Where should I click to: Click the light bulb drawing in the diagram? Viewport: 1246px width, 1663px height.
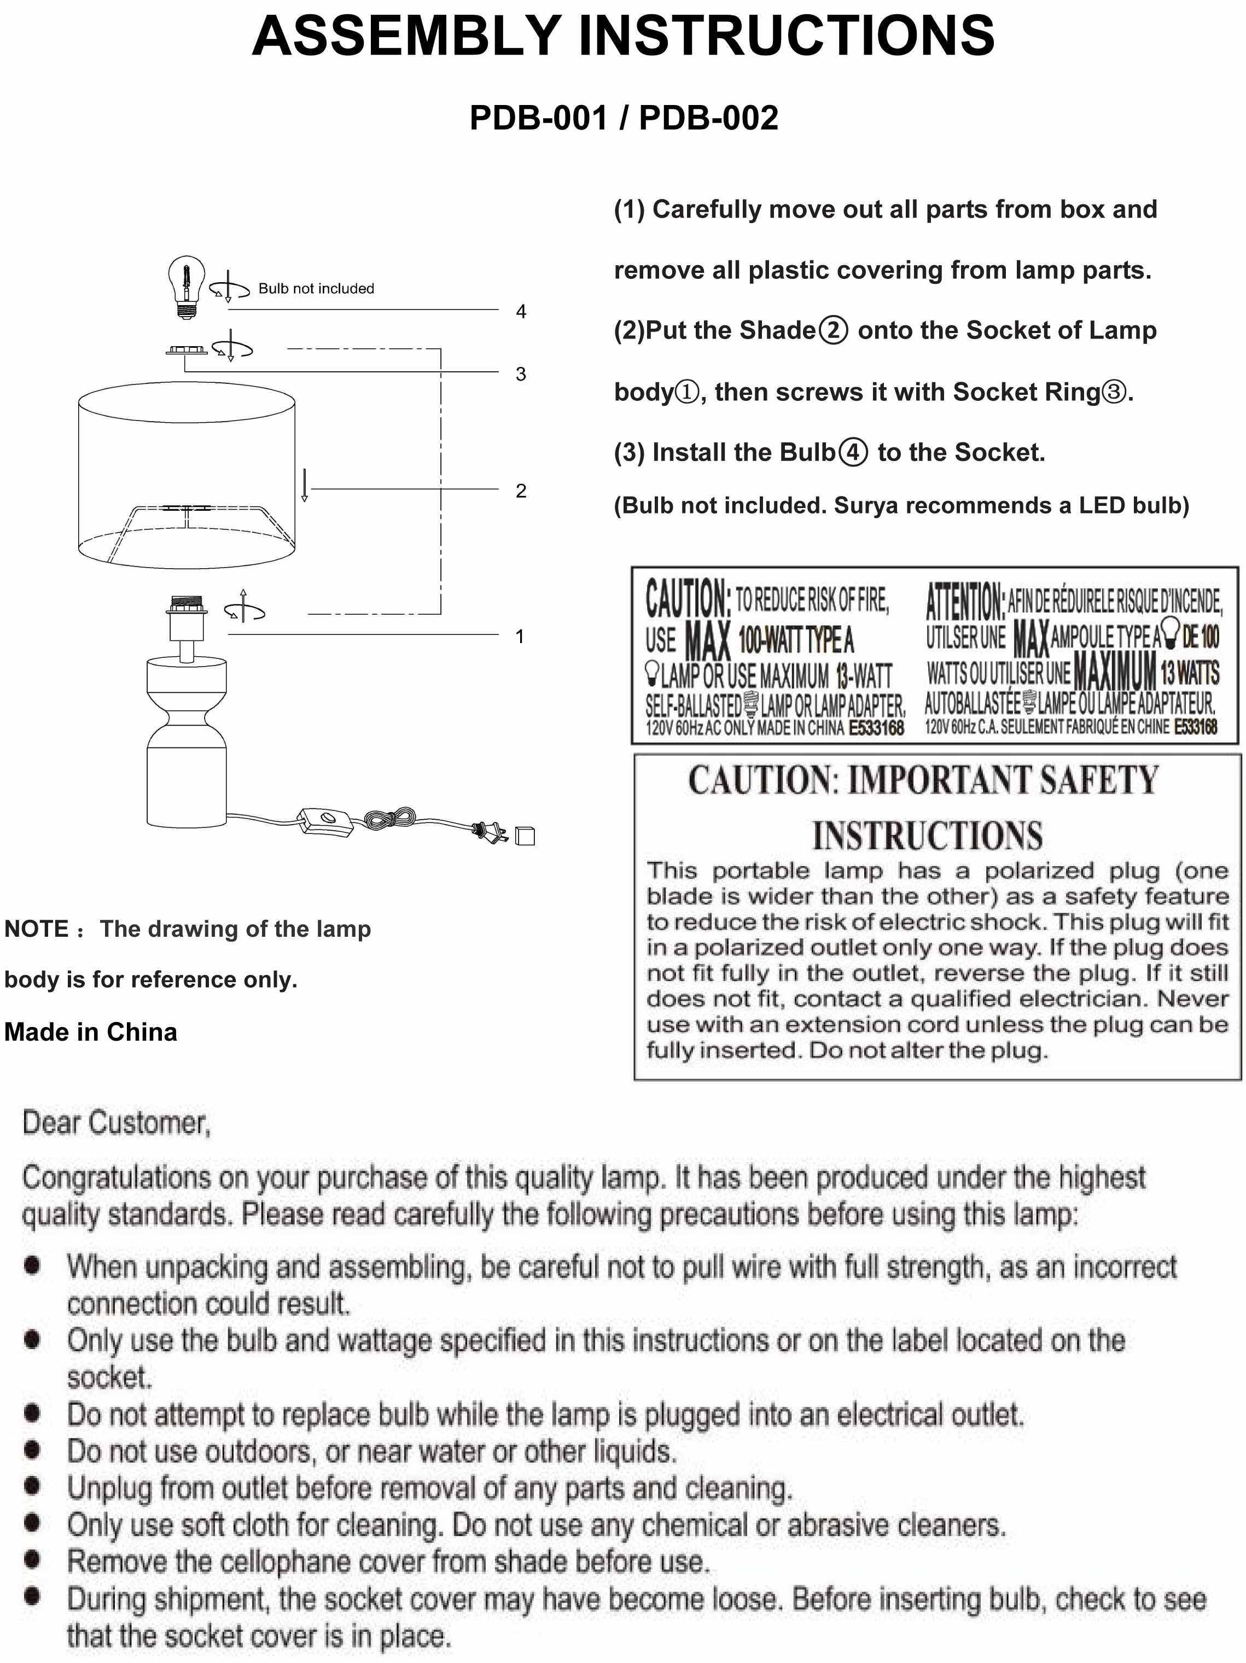click(187, 285)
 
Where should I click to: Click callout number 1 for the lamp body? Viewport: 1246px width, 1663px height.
click(520, 637)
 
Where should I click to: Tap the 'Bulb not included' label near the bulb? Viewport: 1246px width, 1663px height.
click(316, 289)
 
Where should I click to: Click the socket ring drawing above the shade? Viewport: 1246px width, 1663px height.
click(187, 351)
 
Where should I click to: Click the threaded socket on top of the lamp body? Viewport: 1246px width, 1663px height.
click(187, 605)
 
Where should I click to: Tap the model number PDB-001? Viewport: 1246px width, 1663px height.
click(538, 118)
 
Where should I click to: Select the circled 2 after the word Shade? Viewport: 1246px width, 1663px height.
click(833, 331)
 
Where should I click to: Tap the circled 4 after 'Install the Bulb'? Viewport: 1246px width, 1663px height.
click(853, 453)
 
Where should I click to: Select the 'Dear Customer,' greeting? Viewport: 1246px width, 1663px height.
click(117, 1123)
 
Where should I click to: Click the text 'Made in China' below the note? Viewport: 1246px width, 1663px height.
click(91, 1032)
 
